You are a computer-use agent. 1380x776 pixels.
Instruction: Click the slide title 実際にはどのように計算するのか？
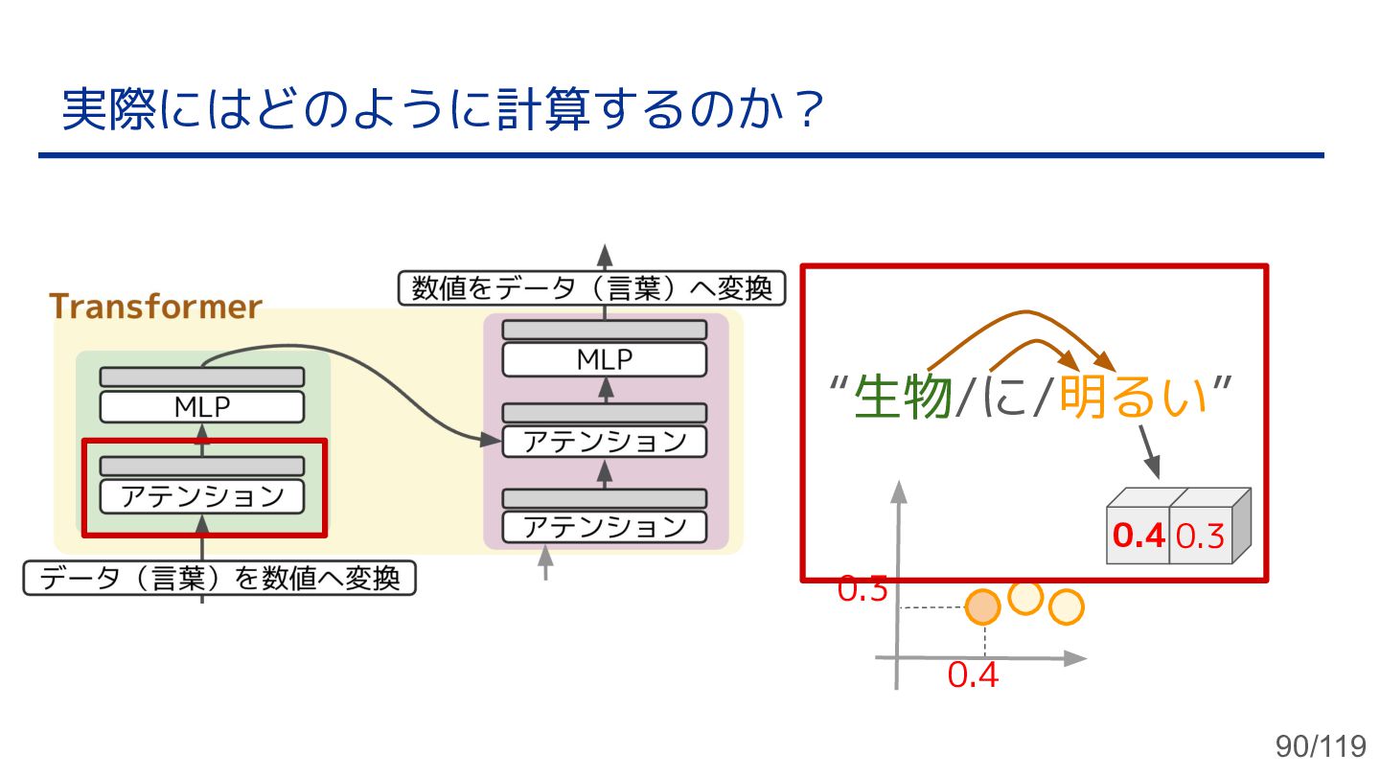pos(443,110)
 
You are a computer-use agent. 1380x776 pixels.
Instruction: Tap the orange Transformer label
pos(155,307)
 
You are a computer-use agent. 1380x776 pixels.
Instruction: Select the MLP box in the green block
pos(202,407)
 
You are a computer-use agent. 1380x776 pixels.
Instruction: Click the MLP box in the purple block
pos(605,360)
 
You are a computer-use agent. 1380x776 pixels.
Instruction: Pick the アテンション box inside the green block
pos(202,496)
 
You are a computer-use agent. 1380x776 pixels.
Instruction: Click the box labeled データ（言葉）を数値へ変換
pos(219,579)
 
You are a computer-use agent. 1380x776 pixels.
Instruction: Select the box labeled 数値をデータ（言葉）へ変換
pos(591,288)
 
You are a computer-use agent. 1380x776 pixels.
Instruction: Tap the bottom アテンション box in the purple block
pos(605,527)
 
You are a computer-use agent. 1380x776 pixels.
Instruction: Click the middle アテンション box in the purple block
pos(605,442)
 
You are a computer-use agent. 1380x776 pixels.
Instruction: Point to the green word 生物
pos(902,397)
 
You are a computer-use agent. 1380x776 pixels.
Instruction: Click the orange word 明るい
pos(1133,397)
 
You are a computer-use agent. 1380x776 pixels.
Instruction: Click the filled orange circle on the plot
pos(982,606)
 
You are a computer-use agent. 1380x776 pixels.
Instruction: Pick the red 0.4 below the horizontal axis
pos(973,675)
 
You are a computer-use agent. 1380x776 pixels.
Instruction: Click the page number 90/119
pos(1320,745)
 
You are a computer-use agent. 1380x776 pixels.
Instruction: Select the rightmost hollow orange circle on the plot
pos(1066,607)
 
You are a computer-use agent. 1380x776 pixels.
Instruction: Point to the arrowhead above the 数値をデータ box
pos(605,254)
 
